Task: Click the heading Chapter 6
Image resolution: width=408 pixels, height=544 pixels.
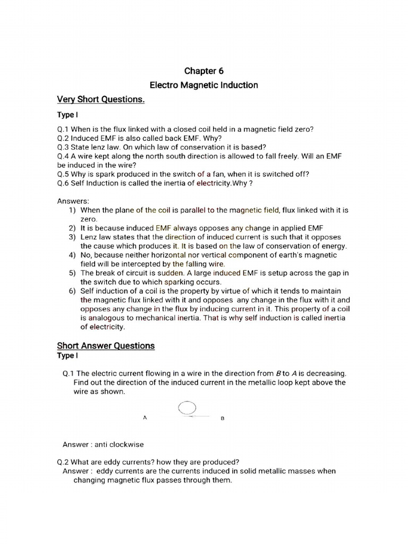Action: (x=200, y=71)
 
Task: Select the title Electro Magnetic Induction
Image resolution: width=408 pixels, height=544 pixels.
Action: (x=203, y=85)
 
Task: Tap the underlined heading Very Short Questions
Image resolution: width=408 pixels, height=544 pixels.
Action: (x=101, y=99)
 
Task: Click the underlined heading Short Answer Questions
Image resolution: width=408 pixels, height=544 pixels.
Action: (x=106, y=345)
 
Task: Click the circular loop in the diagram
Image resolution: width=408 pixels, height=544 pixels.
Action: (x=188, y=408)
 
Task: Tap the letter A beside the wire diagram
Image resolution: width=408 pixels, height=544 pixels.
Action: (x=144, y=418)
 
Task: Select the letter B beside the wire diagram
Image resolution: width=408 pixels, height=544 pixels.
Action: (x=223, y=419)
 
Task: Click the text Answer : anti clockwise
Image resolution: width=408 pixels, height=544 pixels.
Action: (x=103, y=444)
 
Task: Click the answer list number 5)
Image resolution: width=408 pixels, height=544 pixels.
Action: (x=72, y=273)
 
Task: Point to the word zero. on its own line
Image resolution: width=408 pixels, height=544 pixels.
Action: (x=89, y=219)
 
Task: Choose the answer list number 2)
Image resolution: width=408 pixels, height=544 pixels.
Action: (x=72, y=228)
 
